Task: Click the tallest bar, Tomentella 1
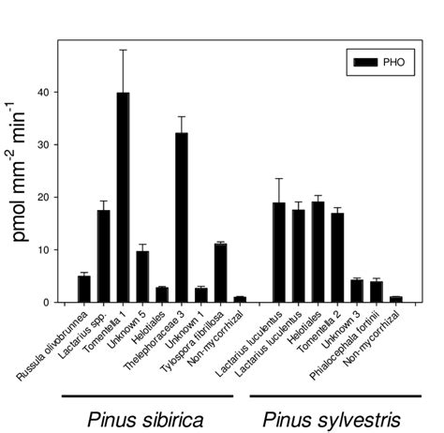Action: coord(124,198)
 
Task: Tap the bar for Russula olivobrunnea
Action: coord(84,290)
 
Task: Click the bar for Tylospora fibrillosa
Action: coord(220,274)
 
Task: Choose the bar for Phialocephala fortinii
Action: coord(376,291)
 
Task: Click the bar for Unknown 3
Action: coord(357,291)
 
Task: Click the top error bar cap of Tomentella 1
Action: coord(124,50)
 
